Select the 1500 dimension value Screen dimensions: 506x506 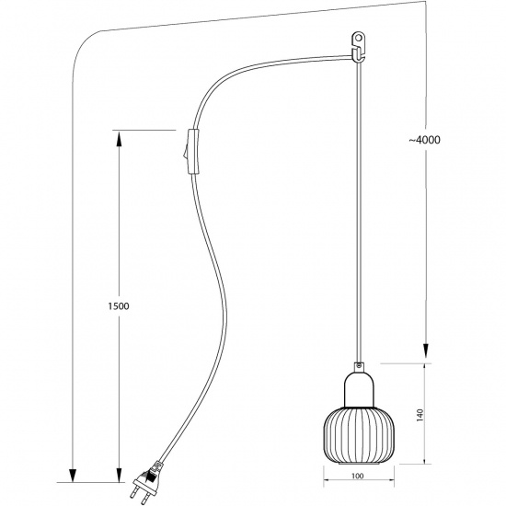coord(116,305)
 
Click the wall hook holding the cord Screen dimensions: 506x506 coord(359,45)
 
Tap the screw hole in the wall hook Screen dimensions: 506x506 coord(360,40)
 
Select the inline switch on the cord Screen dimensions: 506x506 coord(190,152)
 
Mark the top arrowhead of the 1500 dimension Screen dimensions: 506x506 coord(117,136)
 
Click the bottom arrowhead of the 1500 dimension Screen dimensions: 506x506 coord(117,474)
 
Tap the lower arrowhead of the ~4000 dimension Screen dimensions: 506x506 coord(425,354)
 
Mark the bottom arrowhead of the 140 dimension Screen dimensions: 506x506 coord(424,458)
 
